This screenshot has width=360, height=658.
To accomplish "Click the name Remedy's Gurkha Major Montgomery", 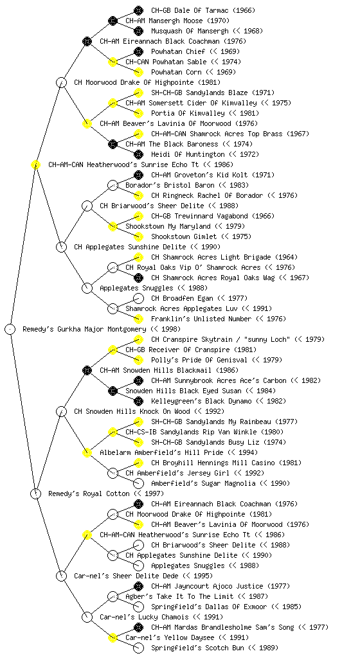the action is (x=84, y=329).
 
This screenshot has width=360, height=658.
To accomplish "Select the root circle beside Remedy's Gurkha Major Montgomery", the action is (x=10, y=329).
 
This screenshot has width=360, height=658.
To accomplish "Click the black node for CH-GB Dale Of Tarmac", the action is (x=138, y=10).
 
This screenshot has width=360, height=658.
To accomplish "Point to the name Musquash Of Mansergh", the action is (x=190, y=31).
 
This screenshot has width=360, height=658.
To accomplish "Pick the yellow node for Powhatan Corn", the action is (x=138, y=72).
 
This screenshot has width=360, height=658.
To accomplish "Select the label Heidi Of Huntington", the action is (x=188, y=154).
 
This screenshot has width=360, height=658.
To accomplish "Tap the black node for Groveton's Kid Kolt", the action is (x=138, y=175).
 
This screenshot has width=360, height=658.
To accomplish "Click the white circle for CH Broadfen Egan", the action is (x=138, y=298).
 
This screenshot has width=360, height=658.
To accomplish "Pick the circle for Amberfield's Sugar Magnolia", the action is (x=138, y=483).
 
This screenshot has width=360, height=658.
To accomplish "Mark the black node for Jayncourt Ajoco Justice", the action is (x=138, y=586).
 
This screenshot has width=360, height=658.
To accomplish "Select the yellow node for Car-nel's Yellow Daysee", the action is (x=113, y=638).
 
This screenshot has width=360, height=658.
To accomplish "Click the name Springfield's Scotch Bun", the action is (x=197, y=648).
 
